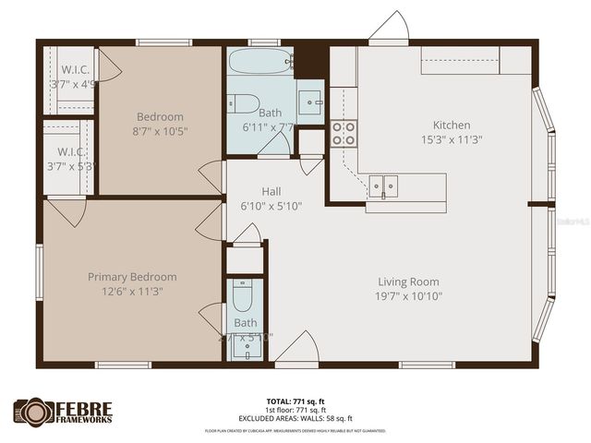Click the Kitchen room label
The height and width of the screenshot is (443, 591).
click(x=452, y=125)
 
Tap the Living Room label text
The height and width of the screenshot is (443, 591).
click(x=408, y=281)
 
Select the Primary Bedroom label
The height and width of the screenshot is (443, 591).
click(x=132, y=277)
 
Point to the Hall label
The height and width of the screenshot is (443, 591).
click(x=271, y=191)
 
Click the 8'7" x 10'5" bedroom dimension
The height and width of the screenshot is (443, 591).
click(x=160, y=132)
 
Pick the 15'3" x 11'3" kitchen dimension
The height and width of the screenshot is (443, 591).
click(x=452, y=139)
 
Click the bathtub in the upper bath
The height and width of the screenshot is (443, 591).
click(x=259, y=62)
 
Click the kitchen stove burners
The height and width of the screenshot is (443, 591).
click(x=344, y=134)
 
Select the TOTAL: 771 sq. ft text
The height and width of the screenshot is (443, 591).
click(x=295, y=401)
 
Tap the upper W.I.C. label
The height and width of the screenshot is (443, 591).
click(x=75, y=69)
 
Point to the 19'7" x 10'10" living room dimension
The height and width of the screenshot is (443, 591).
click(x=408, y=296)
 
